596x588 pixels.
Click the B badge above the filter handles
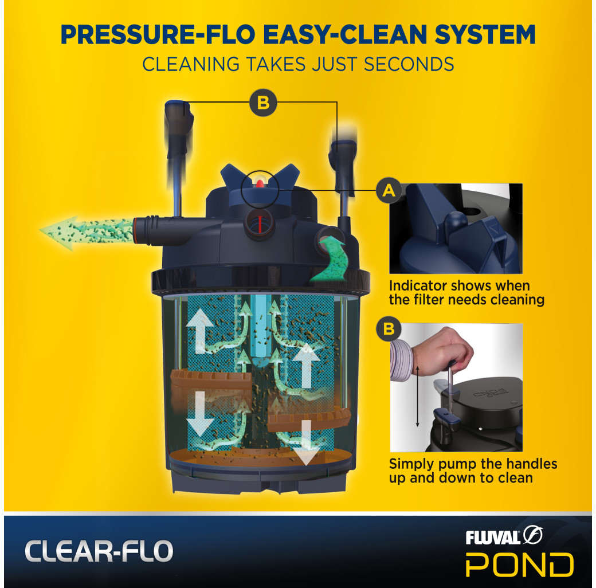pyautogui.click(x=262, y=104)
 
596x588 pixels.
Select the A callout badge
pyautogui.click(x=388, y=191)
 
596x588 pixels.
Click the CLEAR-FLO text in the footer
pyautogui.click(x=98, y=551)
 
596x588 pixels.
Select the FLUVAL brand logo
pyautogui.click(x=504, y=536)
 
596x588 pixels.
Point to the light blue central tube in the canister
pyautogui.click(x=262, y=329)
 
